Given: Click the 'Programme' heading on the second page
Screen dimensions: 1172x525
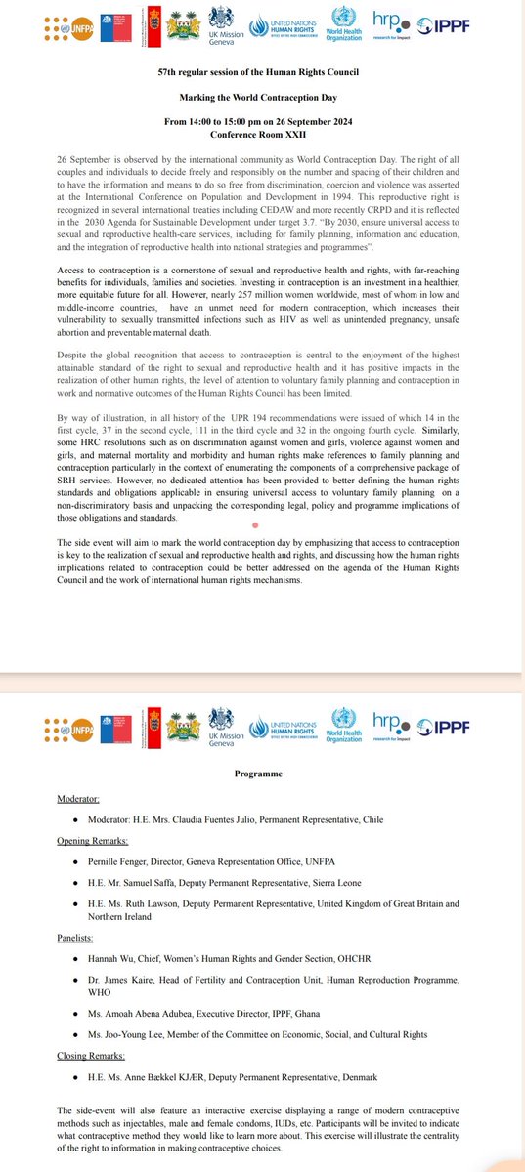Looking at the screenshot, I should click(x=259, y=773).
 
